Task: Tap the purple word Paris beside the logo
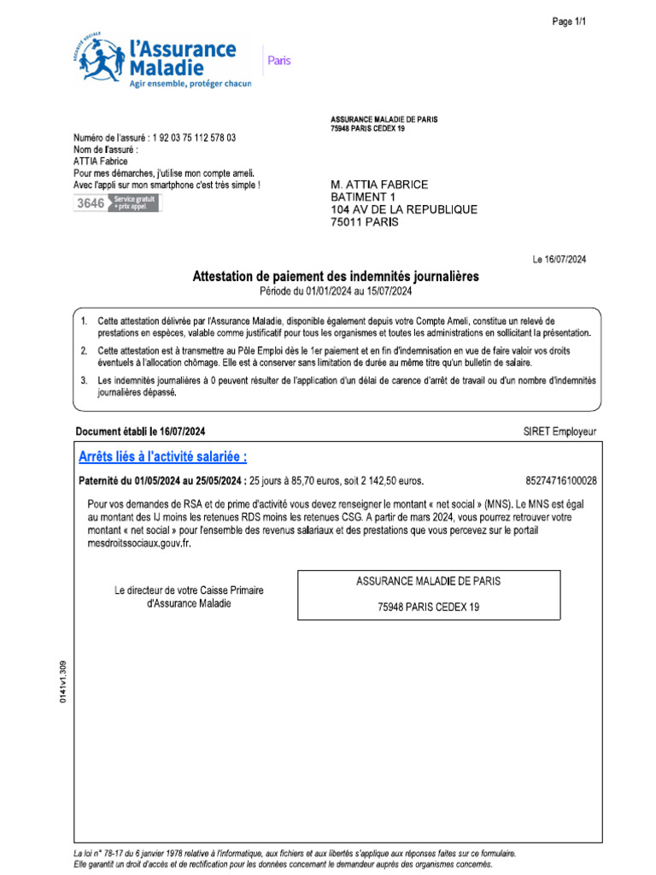click(279, 61)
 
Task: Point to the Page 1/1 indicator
click(569, 22)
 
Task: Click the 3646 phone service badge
click(115, 203)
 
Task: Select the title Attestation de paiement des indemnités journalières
click(336, 277)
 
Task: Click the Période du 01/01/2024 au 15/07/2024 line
click(336, 291)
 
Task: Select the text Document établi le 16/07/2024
click(141, 432)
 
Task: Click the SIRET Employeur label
click(559, 432)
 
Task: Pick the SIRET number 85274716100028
click(561, 481)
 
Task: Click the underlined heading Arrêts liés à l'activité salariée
click(163, 457)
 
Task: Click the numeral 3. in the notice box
click(84, 379)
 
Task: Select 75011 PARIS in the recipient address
click(364, 222)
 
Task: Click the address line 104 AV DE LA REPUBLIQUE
click(404, 209)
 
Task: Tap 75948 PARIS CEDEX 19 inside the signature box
click(429, 606)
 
